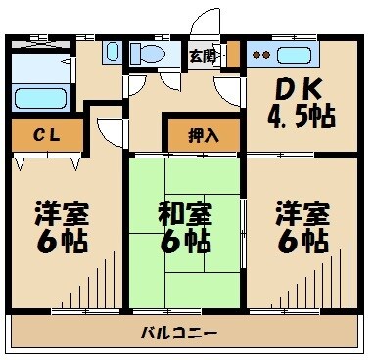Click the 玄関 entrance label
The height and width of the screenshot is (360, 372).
pyautogui.click(x=203, y=55)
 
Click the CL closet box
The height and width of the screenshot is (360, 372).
pyautogui.click(x=47, y=134)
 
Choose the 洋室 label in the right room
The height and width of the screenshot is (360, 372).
pyautogui.click(x=300, y=212)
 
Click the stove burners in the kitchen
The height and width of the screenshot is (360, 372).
pyautogui.click(x=259, y=55)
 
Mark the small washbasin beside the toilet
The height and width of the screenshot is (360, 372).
pyautogui.click(x=111, y=53)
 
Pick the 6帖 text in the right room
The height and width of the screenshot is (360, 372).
pyautogui.click(x=300, y=241)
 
